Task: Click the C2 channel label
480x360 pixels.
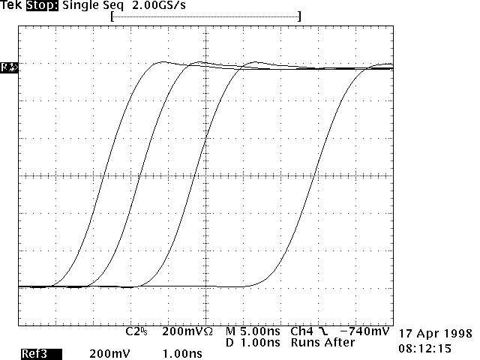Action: [x=134, y=331]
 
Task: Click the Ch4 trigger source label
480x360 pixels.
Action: [x=301, y=331]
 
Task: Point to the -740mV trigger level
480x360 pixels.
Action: [x=364, y=331]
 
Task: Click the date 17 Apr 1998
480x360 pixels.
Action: [x=434, y=333]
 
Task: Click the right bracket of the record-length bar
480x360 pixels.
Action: [x=299, y=16]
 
